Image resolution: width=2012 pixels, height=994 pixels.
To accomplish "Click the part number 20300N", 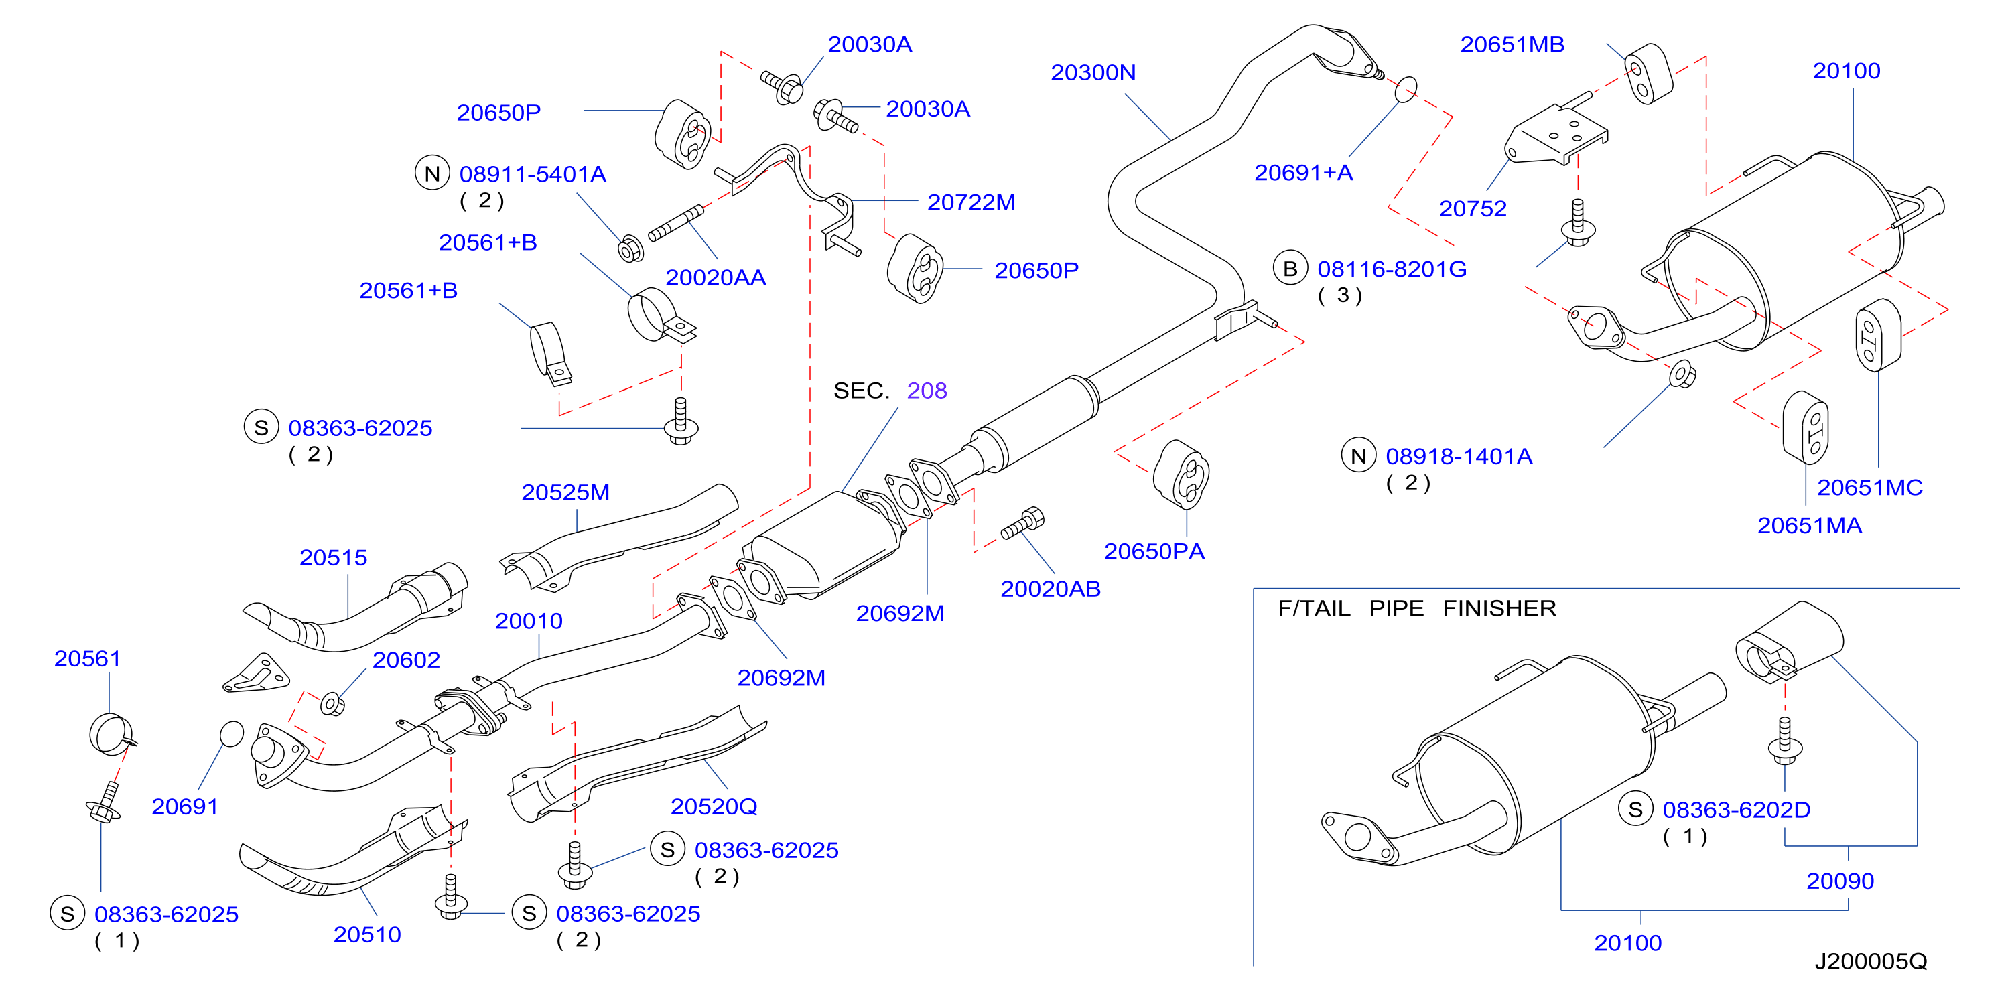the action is click(1093, 72).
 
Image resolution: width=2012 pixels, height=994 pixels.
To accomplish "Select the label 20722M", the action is click(971, 202).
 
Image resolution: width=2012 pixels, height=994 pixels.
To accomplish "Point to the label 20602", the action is click(406, 660).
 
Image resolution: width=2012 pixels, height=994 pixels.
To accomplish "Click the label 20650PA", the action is click(1154, 551).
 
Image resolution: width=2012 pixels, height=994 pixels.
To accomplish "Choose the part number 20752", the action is click(1472, 208).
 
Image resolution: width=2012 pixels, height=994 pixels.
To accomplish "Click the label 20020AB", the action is click(1051, 589).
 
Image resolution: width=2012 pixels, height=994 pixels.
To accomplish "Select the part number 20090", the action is click(1840, 881).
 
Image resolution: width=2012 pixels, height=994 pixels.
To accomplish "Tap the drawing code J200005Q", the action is click(1871, 961).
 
